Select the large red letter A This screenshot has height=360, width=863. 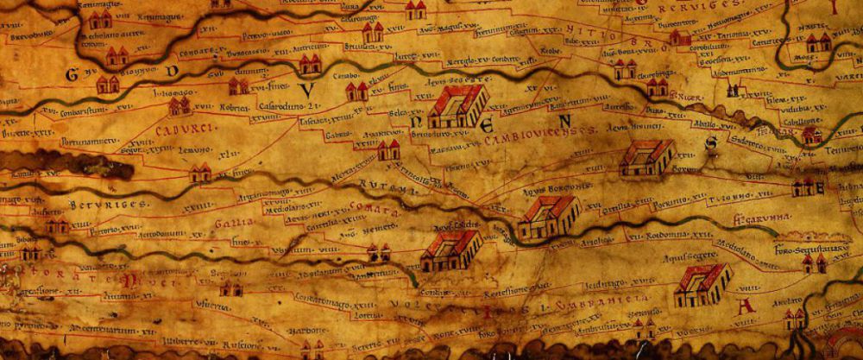click(747, 306)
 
